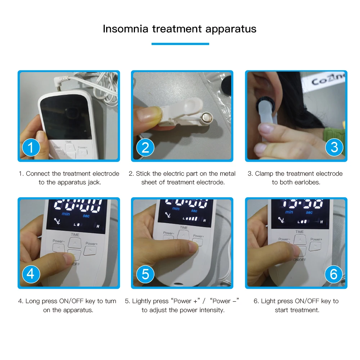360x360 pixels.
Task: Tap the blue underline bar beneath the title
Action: [180, 44]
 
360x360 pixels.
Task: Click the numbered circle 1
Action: [31, 147]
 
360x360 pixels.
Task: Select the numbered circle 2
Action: [145, 147]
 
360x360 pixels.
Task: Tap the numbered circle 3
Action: [334, 147]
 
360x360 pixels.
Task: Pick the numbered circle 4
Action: [31, 274]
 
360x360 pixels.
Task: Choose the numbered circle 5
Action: [145, 274]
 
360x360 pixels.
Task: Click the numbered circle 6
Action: [333, 274]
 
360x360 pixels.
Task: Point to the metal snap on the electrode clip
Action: [207, 117]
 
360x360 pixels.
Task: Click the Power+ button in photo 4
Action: [90, 251]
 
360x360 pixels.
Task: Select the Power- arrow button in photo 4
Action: [59, 248]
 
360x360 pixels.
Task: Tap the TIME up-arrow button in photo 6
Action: [300, 240]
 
